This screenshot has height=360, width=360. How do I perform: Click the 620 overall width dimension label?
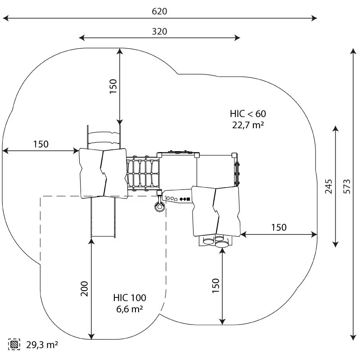coord(159,12)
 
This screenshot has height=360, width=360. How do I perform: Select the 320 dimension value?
coord(159,31)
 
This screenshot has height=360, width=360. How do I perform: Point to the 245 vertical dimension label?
coord(329,186)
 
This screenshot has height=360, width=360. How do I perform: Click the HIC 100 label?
coord(130,297)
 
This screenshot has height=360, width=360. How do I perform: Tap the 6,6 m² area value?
coord(130,309)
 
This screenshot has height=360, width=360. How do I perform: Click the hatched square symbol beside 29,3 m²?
coord(15,345)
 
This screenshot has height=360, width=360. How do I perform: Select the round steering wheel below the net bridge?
coord(159,207)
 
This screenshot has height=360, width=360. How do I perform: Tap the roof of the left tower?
coord(103,172)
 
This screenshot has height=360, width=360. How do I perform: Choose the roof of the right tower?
coord(216,210)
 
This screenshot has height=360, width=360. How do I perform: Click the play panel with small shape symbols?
coord(178,198)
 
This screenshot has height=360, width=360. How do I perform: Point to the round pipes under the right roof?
coord(215,242)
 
